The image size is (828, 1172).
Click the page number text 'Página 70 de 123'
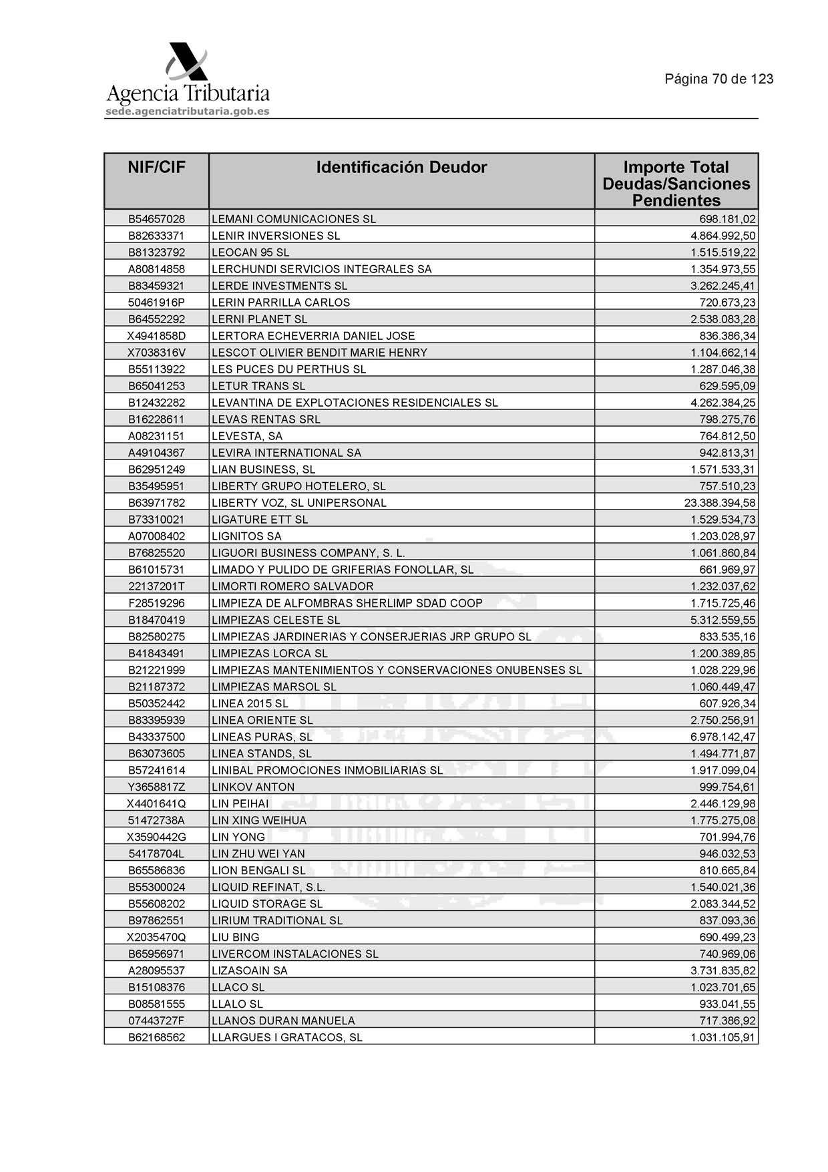click(x=718, y=79)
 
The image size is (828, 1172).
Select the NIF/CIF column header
click(x=156, y=168)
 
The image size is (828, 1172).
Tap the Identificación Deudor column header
click(x=401, y=168)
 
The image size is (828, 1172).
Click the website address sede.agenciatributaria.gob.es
click(x=188, y=112)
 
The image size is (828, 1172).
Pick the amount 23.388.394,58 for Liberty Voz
click(x=718, y=503)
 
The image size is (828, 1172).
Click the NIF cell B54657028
click(x=156, y=219)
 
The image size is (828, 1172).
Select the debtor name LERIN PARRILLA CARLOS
click(x=280, y=303)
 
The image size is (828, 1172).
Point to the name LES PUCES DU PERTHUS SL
click(x=288, y=369)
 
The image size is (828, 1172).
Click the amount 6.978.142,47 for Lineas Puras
click(x=722, y=737)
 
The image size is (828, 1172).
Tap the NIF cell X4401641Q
click(x=156, y=803)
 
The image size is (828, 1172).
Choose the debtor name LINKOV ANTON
click(x=252, y=787)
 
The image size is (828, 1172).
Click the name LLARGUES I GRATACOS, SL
click(x=286, y=1037)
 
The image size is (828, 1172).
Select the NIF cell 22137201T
click(x=156, y=586)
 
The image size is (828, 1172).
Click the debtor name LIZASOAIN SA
click(x=249, y=970)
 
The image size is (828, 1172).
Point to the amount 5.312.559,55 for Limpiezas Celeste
click(x=722, y=620)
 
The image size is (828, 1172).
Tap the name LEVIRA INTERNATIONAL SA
click(x=286, y=453)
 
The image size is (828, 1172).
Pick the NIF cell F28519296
click(x=156, y=603)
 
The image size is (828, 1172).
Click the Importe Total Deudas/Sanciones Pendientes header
click(x=676, y=184)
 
